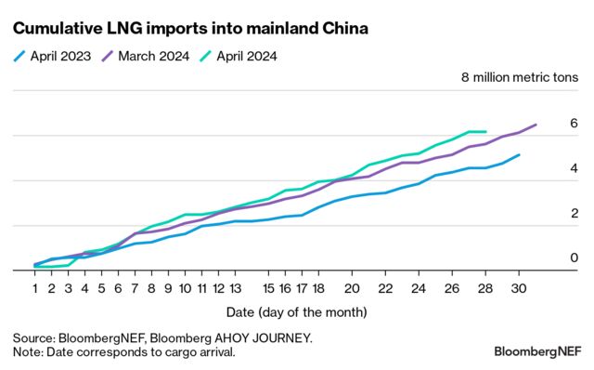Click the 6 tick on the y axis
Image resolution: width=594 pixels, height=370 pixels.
coord(574,124)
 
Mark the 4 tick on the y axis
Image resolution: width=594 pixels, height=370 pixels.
coord(574,168)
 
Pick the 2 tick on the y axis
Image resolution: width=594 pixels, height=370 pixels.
coord(574,213)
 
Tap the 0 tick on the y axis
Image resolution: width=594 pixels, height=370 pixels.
coord(574,258)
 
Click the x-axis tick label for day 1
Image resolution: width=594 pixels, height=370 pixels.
coord(35,288)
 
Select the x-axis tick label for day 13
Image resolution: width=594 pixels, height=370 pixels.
coord(236,288)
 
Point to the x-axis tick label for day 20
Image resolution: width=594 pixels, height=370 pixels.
coord(353,288)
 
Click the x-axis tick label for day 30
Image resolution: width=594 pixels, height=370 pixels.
coord(519,288)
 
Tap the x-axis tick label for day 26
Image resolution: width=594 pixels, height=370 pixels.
coord(452,288)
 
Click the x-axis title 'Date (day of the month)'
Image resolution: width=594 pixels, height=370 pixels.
coord(296,311)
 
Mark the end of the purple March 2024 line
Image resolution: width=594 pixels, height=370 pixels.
coord(536,125)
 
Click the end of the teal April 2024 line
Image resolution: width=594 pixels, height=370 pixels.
coord(485,132)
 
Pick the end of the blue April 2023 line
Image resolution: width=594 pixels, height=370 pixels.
coord(519,155)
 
